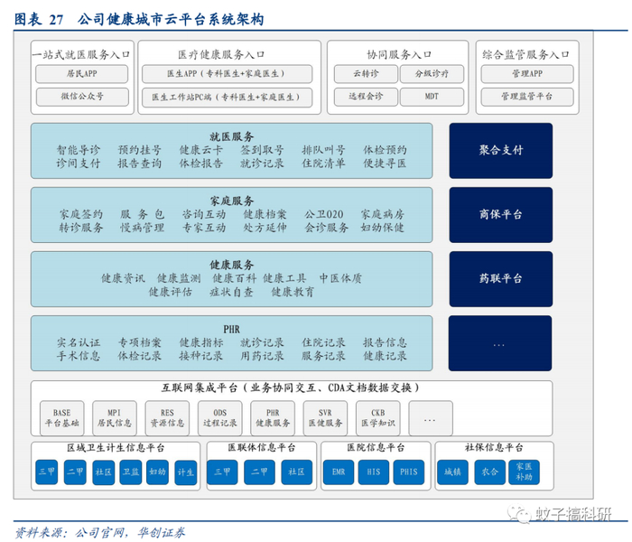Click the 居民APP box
(82, 74)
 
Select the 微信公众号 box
(82, 96)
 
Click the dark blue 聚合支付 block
(501, 150)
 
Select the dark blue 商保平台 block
(501, 214)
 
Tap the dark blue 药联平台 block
(501, 278)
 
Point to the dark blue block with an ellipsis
(501, 343)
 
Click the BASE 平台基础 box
(61, 417)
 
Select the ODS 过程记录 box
(219, 417)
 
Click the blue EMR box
(338, 472)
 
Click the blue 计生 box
(185, 472)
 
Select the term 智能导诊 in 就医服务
(79, 150)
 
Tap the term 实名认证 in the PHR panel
(79, 343)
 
